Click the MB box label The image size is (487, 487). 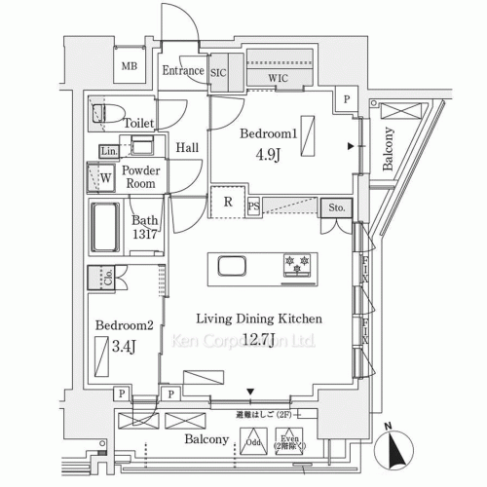pyautogui.click(x=129, y=66)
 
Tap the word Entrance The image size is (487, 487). pyautogui.click(x=182, y=70)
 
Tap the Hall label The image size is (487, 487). pyautogui.click(x=187, y=147)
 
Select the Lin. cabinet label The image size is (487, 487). pyautogui.click(x=108, y=152)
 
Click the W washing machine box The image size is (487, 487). pyautogui.click(x=105, y=178)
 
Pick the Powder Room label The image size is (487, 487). pyautogui.click(x=140, y=176)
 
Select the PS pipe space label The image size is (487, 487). pyautogui.click(x=253, y=206)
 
